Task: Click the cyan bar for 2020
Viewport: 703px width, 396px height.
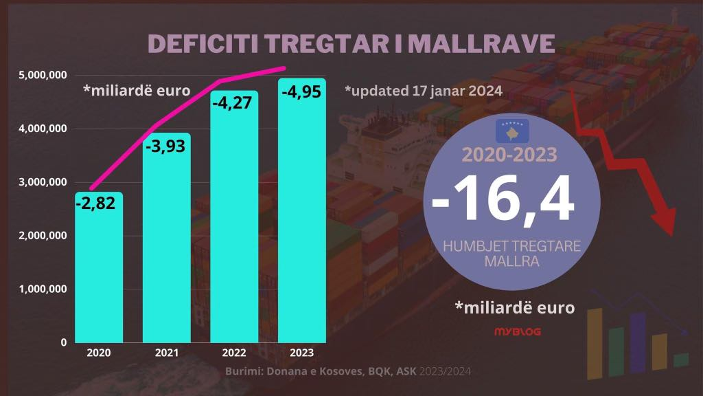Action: [99, 267]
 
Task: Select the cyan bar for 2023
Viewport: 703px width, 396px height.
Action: [302, 210]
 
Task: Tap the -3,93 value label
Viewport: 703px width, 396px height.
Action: [165, 146]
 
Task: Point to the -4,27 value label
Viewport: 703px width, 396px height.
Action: [232, 103]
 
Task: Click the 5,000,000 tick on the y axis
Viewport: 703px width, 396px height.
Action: [43, 75]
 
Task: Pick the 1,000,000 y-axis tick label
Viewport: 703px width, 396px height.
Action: [43, 289]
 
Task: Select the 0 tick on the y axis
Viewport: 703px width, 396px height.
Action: [64, 342]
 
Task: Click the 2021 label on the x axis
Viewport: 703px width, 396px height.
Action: [166, 353]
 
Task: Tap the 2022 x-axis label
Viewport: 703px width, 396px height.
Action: [234, 353]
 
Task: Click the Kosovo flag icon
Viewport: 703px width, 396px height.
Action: [512, 131]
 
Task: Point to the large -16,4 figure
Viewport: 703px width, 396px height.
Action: [503, 199]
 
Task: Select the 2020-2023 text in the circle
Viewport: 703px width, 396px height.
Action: [509, 155]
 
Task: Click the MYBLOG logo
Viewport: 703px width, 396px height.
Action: [518, 332]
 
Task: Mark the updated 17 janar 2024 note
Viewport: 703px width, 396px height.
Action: [424, 91]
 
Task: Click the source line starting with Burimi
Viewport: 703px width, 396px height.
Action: [348, 371]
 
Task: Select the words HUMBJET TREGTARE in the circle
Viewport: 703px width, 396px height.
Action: [511, 246]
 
